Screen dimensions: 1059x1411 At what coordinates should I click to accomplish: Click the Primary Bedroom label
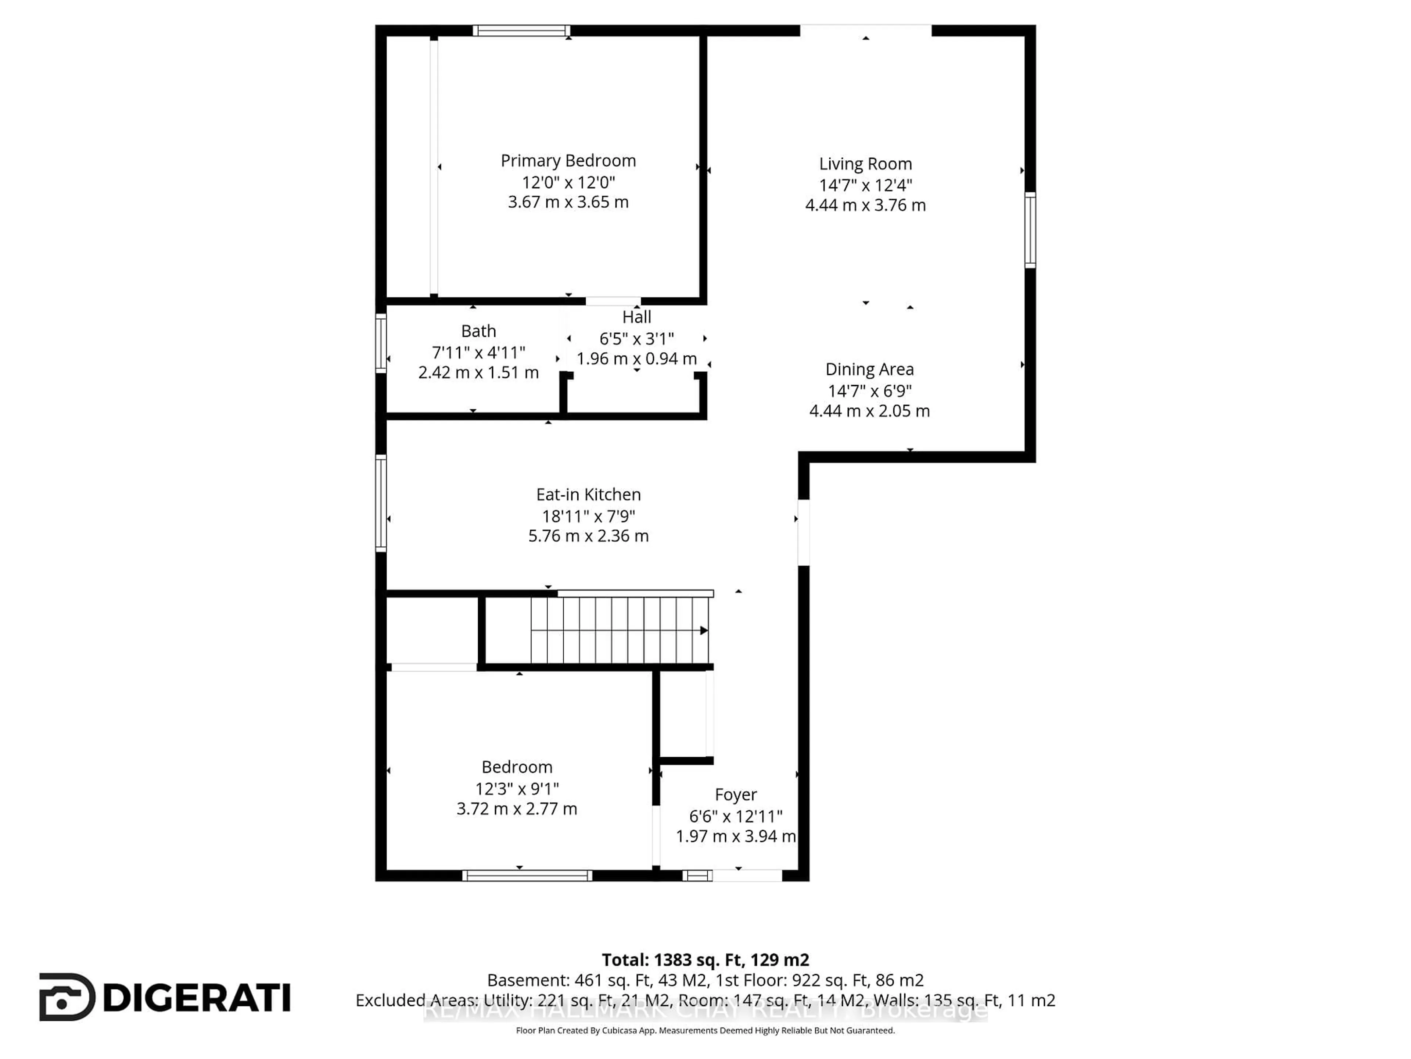(568, 161)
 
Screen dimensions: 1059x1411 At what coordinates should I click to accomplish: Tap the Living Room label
(865, 164)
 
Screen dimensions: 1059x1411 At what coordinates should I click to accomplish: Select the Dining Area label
(869, 370)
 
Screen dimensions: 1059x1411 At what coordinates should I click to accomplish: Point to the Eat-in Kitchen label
(588, 495)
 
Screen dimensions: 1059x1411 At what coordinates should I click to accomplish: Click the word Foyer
(736, 795)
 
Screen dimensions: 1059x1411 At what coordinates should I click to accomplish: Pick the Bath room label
(478, 331)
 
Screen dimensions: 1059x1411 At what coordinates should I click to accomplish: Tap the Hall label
(637, 317)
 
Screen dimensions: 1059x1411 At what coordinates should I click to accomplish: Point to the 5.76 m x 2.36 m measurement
(588, 536)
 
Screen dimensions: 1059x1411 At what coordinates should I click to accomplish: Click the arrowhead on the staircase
(704, 631)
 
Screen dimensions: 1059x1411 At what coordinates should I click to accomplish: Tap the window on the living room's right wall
(1030, 230)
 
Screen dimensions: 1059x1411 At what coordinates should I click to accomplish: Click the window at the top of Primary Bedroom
(521, 31)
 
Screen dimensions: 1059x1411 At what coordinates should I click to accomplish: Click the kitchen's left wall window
(381, 503)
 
